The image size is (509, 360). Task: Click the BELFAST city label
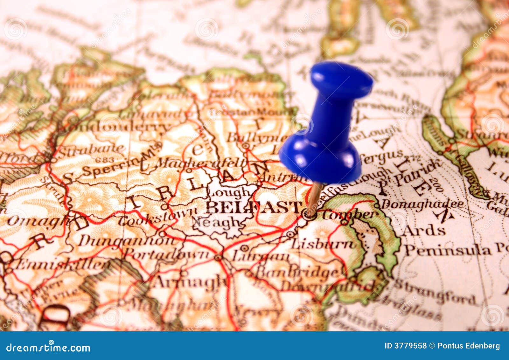click(253, 207)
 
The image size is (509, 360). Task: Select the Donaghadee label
click(422, 204)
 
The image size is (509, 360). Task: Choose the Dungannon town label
click(127, 241)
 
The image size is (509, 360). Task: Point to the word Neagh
click(216, 222)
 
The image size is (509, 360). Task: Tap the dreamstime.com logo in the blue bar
click(48, 348)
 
